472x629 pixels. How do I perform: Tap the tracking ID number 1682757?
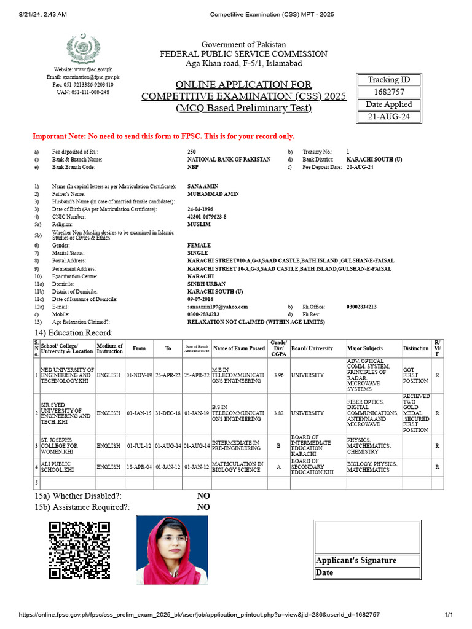coord(388,92)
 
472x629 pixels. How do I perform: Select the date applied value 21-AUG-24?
coord(388,117)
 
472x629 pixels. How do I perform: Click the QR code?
coord(80,550)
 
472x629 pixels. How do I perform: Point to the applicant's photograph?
coord(172,549)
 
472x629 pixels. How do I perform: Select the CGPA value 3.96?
coord(278,374)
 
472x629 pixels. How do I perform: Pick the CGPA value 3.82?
coord(278,413)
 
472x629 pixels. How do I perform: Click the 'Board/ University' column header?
coord(312,348)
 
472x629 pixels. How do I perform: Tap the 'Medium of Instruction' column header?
coord(110,348)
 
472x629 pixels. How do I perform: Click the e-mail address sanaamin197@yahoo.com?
coord(218,307)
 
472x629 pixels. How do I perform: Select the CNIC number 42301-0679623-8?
coord(207,217)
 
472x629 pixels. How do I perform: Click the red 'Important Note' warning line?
coord(163,136)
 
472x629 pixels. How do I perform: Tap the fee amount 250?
coord(192,151)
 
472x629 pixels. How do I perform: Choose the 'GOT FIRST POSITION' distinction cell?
coord(415,374)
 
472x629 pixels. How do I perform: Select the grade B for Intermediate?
coord(278,445)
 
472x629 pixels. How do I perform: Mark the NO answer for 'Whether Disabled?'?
coord(203,496)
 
